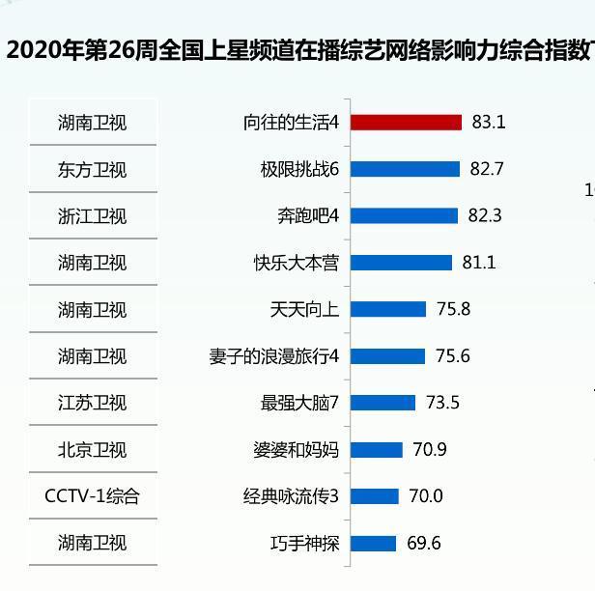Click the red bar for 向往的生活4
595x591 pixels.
406,123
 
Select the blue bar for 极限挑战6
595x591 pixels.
405,169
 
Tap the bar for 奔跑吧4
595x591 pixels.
404,215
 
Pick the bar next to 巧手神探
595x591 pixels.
373,544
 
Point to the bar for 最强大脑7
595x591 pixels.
382,403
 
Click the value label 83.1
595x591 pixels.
489,123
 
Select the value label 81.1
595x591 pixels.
479,263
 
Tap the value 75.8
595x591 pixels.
453,309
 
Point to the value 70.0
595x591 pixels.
425,496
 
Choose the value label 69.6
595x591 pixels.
423,544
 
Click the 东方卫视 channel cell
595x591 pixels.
92,170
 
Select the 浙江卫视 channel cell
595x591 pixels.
92,216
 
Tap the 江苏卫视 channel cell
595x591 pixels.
92,403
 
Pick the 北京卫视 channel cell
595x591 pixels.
92,450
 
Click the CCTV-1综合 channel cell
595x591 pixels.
92,496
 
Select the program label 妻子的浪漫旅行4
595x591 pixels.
274,356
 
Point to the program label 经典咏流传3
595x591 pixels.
291,496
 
